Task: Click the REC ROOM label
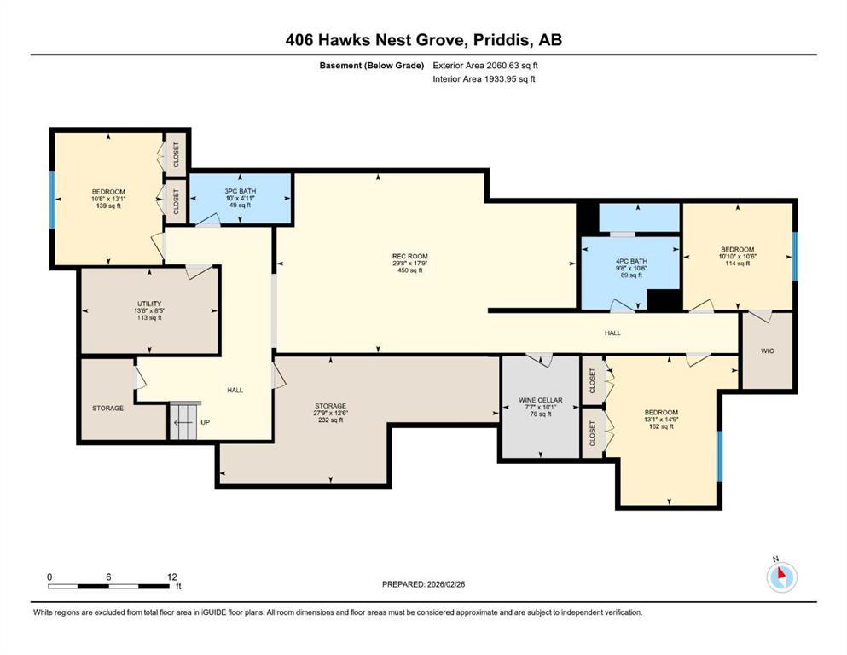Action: tap(410, 256)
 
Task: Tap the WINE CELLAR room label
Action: tap(541, 400)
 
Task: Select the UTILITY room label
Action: tap(149, 304)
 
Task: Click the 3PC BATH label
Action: tap(241, 191)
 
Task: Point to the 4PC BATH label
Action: tap(631, 261)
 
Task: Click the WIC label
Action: tap(768, 351)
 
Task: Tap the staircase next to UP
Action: tap(185, 420)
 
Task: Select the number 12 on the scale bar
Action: tap(171, 577)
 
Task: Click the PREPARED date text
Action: tap(423, 584)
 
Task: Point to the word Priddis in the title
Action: tap(502, 40)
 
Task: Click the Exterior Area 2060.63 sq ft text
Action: tap(485, 66)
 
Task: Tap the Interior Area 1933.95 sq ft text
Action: tap(484, 78)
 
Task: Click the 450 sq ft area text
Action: tap(410, 270)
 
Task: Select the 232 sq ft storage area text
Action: tap(331, 420)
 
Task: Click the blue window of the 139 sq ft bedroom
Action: tap(52, 200)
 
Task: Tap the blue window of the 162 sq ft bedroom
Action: tap(720, 456)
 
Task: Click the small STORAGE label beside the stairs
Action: tap(108, 409)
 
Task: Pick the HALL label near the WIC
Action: tap(612, 333)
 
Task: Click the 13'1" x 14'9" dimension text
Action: tap(661, 420)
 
